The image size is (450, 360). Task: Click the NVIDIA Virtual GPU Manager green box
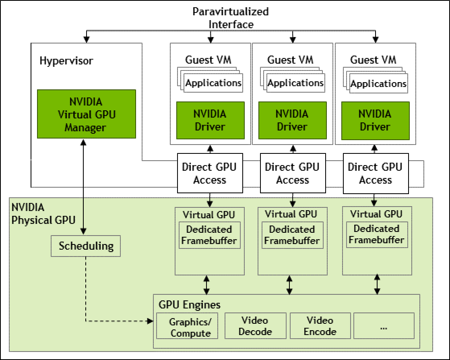[87, 115]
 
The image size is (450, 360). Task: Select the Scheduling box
[86, 246]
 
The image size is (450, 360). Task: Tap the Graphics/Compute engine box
[187, 326]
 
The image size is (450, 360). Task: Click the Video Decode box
[255, 326]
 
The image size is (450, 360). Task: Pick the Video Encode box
[320, 326]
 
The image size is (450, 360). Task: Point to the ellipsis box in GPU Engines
[383, 326]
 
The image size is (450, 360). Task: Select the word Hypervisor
[66, 61]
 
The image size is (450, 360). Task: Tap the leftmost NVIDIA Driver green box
[210, 120]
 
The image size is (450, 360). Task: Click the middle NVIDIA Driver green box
[292, 120]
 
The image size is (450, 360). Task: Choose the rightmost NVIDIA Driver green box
[375, 120]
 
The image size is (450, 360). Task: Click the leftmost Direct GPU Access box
[210, 173]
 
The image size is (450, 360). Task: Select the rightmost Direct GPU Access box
[375, 173]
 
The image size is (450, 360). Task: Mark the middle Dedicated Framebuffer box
[292, 235]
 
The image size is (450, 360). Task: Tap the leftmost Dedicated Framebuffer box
[209, 235]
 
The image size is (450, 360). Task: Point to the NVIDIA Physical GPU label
[38, 214]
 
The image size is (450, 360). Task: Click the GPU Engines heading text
[189, 304]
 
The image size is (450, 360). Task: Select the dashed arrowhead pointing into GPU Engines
[151, 321]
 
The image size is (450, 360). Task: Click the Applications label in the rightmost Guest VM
[378, 84]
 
